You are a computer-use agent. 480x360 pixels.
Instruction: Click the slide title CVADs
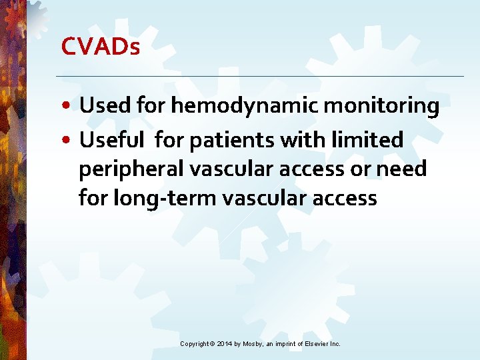tap(100, 47)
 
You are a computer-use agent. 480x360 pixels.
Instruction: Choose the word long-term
tap(161, 198)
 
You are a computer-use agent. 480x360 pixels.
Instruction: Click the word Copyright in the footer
tap(194, 343)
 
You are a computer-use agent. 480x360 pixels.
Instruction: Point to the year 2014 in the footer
tap(225, 343)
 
